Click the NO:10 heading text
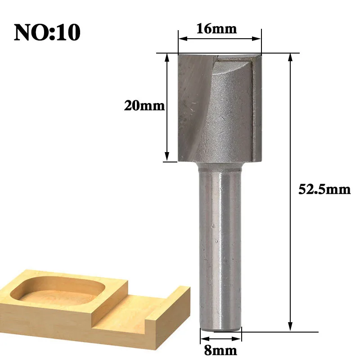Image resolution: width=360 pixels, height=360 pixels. (x=47, y=32)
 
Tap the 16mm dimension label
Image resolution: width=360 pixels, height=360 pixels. (x=216, y=29)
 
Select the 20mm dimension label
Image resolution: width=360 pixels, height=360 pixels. (x=144, y=106)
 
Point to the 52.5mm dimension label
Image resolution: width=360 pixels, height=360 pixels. (x=324, y=189)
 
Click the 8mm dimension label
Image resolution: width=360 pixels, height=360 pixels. (x=220, y=351)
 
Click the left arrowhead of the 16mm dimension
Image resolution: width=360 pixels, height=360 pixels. (x=183, y=39)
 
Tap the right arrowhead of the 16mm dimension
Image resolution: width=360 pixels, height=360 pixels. (x=256, y=39)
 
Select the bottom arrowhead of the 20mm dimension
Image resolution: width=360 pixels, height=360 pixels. (x=167, y=157)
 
